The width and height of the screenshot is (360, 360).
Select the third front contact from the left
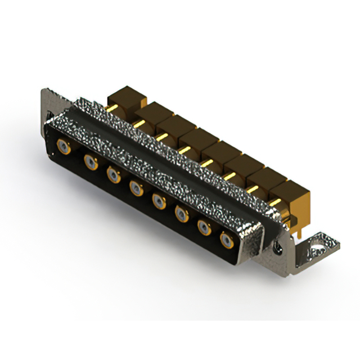coord(114,175)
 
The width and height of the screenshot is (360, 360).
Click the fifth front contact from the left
coord(160,201)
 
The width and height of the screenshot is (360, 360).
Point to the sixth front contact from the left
coord(182,214)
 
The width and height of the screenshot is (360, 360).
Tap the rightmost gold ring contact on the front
coord(228,240)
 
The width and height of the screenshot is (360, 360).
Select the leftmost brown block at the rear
coord(127,97)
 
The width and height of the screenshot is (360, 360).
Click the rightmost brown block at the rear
coord(292,191)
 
